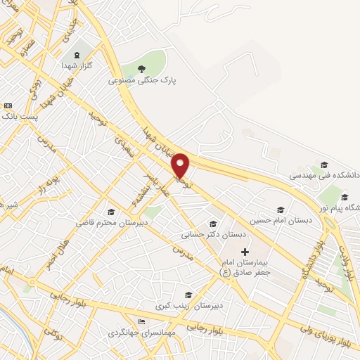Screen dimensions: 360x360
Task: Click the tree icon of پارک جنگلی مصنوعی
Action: point(142,69)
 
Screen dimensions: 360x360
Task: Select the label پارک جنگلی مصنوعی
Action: point(143,81)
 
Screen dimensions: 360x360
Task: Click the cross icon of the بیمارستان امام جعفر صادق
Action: point(245,252)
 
